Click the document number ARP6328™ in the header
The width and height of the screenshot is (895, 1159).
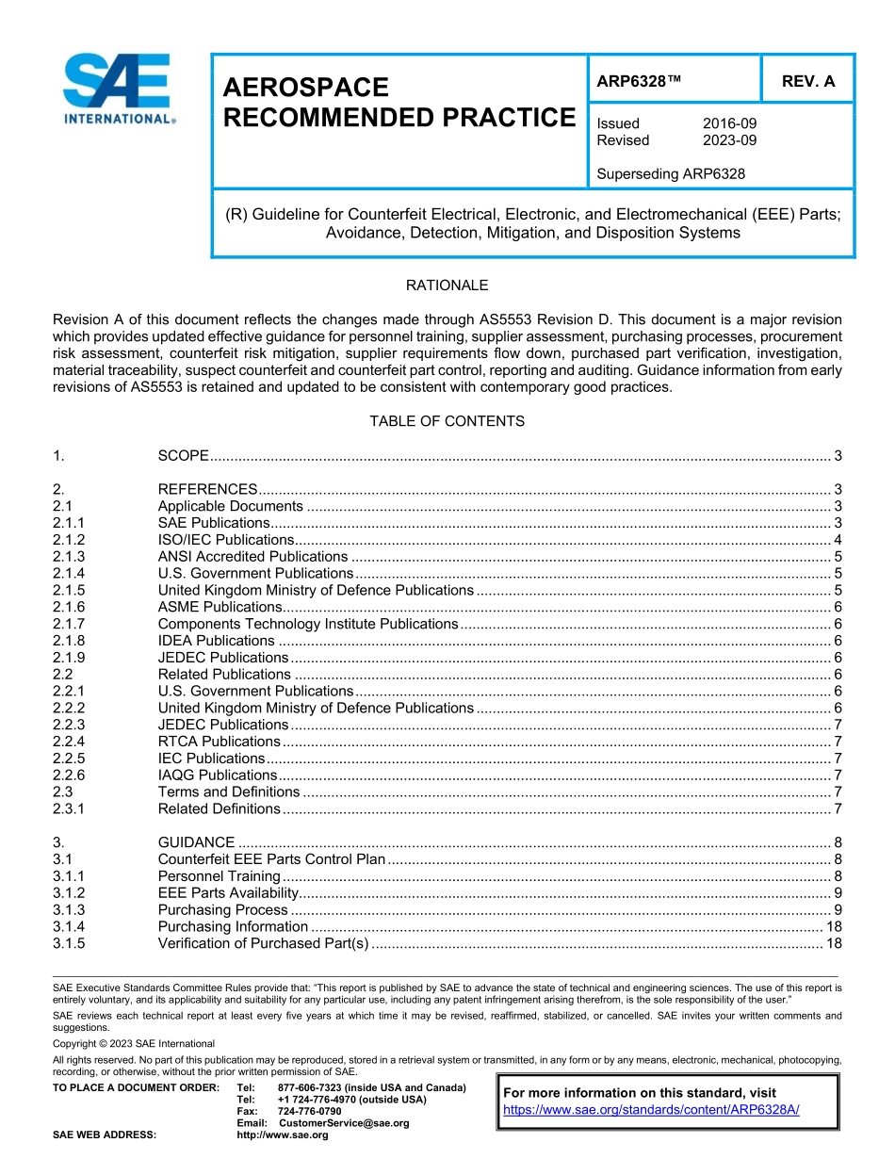click(638, 81)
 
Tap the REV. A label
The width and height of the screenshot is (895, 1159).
click(807, 81)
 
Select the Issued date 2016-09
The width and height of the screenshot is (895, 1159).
click(729, 123)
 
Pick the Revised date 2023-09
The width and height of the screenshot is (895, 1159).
click(729, 140)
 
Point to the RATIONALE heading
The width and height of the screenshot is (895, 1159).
click(447, 286)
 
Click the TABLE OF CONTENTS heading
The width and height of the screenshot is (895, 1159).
click(447, 421)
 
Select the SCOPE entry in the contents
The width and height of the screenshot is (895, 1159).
click(183, 456)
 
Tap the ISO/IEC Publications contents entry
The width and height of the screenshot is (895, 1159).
click(225, 540)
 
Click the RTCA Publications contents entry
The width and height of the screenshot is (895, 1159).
click(219, 742)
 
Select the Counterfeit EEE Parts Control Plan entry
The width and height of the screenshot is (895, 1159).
click(271, 859)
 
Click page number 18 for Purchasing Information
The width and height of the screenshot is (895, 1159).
click(833, 926)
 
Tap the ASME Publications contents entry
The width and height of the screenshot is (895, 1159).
click(220, 607)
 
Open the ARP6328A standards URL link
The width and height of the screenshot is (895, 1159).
click(651, 1110)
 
